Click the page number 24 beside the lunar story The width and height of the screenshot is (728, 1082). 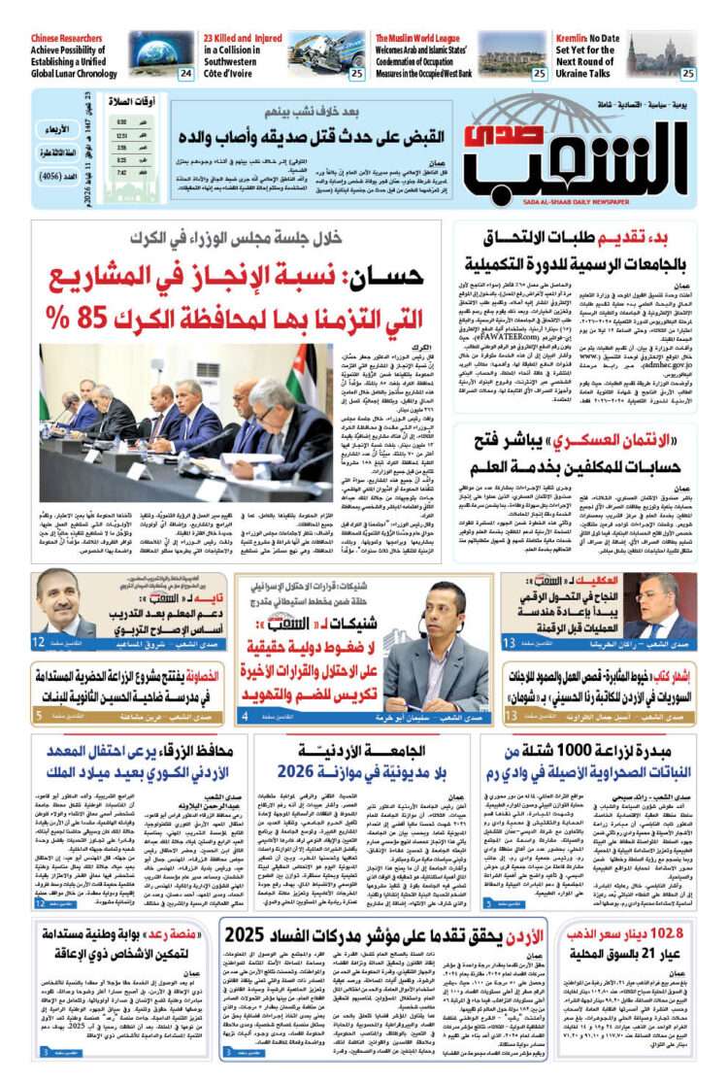click(185, 72)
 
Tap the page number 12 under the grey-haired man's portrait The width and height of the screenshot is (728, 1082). click(39, 642)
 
